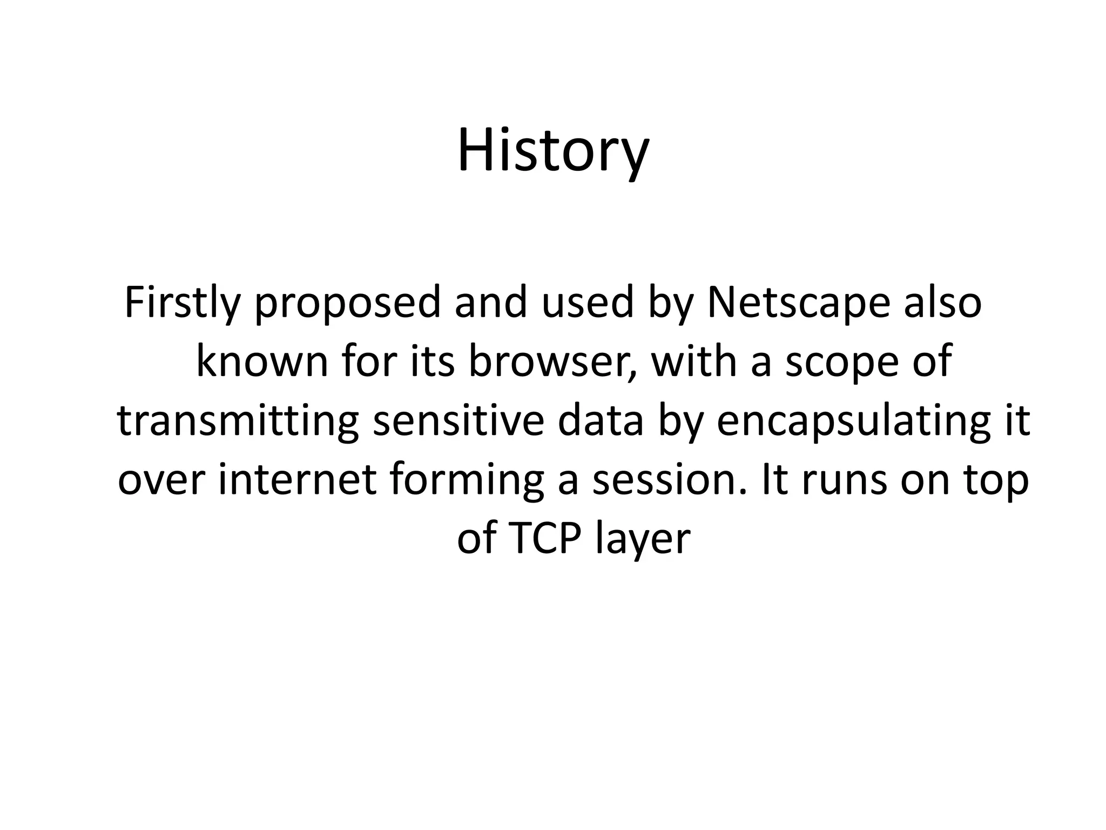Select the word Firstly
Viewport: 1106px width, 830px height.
181,304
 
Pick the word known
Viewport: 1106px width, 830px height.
262,362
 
